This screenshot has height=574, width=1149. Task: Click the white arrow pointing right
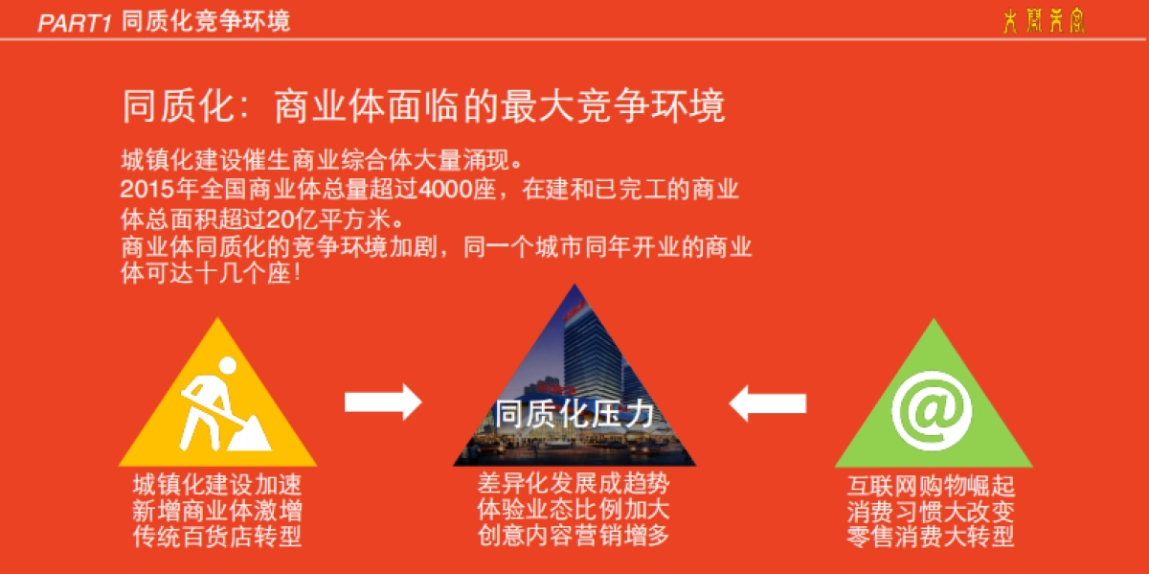click(x=383, y=402)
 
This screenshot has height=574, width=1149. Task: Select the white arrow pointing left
click(x=767, y=402)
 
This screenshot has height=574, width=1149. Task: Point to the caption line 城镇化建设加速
click(x=217, y=485)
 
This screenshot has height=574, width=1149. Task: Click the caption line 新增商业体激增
click(x=217, y=511)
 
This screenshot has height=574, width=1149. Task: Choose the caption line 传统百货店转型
click(x=217, y=537)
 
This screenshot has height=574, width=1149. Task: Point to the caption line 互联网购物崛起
click(x=931, y=485)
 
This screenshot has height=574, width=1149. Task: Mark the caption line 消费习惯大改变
click(x=931, y=511)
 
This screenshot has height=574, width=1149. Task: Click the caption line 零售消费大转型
click(x=931, y=537)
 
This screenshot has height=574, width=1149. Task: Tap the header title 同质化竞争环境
click(x=206, y=21)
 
